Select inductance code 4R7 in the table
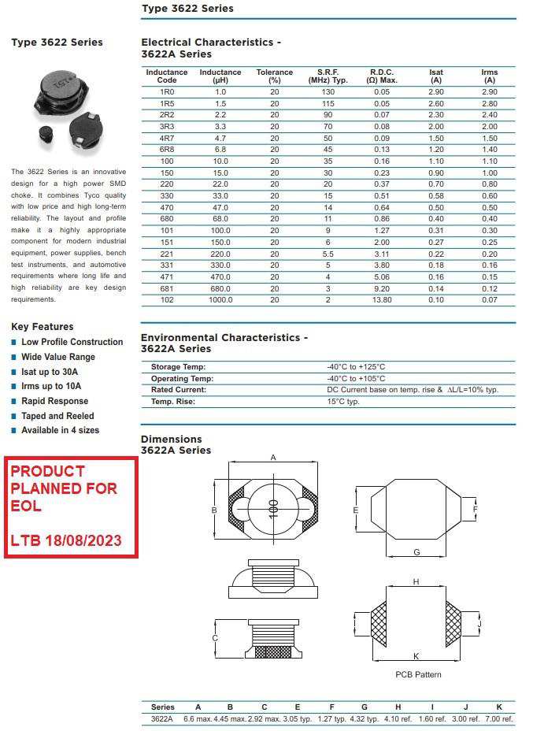pyautogui.click(x=167, y=138)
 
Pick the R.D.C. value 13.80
pyautogui.click(x=382, y=300)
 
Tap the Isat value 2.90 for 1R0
pyautogui.click(x=435, y=92)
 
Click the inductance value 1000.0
pyautogui.click(x=220, y=300)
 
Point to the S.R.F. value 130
pyautogui.click(x=328, y=92)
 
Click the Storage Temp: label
pyautogui.click(x=178, y=367)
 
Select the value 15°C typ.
pyautogui.click(x=343, y=402)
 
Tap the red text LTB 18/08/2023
pyautogui.click(x=66, y=541)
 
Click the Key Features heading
pyautogui.click(x=43, y=327)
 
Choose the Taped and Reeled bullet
pyautogui.click(x=57, y=416)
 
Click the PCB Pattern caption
pyautogui.click(x=418, y=674)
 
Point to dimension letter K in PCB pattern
pyautogui.click(x=415, y=655)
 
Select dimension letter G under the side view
pyautogui.click(x=416, y=552)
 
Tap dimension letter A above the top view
pyautogui.click(x=273, y=458)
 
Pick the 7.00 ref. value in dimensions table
pyautogui.click(x=499, y=719)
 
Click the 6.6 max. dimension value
pyautogui.click(x=198, y=719)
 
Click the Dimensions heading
pyautogui.click(x=172, y=440)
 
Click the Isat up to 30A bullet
pyautogui.click(x=50, y=372)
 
